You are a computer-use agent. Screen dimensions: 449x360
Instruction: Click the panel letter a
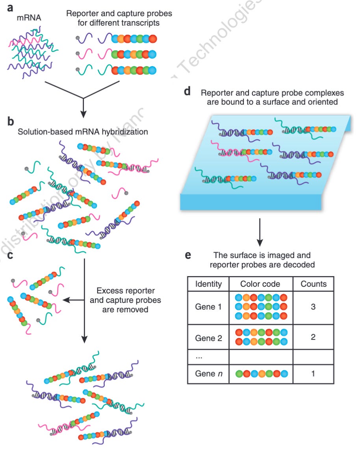[x=11, y=7]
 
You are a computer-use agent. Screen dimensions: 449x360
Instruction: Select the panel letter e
[x=188, y=255]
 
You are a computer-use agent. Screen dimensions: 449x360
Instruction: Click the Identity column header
[x=208, y=284]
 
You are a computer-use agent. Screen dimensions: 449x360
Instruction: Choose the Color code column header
[x=261, y=284]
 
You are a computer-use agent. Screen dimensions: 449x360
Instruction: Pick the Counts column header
[x=313, y=284]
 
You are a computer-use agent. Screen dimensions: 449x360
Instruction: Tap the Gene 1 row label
[x=208, y=307]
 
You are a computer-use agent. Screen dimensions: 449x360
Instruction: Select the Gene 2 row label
[x=208, y=338]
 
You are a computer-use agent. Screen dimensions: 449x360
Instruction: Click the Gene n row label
[x=208, y=373]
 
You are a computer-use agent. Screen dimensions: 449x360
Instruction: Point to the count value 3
[x=313, y=307]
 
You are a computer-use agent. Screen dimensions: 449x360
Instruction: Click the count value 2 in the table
[x=313, y=338]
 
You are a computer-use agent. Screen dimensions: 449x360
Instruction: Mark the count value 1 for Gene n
[x=313, y=373]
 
